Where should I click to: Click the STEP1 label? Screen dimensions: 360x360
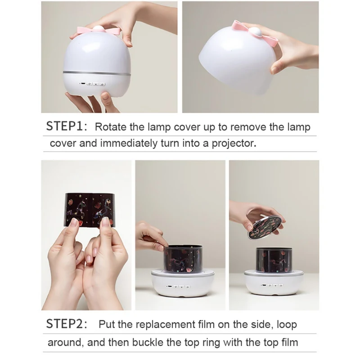(x=67, y=126)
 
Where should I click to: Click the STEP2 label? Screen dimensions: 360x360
(x=67, y=324)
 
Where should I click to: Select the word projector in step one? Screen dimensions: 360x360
(x=234, y=143)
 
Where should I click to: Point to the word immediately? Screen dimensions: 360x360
(x=129, y=143)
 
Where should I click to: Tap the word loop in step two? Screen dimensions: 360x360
(x=287, y=324)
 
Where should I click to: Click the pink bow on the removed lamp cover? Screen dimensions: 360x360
(x=255, y=33)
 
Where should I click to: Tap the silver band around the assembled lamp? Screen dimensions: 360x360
(x=97, y=73)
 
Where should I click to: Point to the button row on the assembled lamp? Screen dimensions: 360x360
(x=93, y=84)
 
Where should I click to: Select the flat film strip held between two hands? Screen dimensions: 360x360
(x=90, y=209)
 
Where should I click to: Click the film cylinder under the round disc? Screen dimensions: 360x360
(x=274, y=260)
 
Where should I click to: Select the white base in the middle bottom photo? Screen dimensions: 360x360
(x=183, y=284)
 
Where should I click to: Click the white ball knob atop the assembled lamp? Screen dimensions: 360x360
(x=98, y=28)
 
